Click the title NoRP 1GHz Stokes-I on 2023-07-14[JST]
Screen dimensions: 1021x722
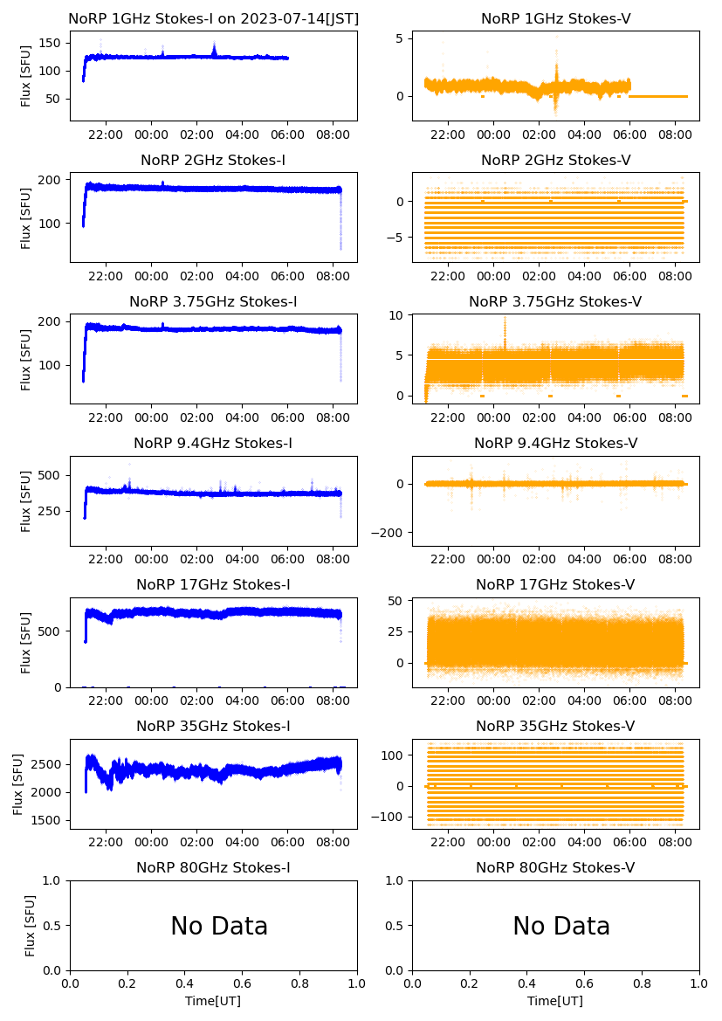213,18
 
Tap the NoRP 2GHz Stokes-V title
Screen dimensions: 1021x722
555,160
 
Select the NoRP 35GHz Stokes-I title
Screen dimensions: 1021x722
213,726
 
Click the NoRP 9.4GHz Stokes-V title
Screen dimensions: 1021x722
555,443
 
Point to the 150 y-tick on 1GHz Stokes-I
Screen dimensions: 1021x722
51,44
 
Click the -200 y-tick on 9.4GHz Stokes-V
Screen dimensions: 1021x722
391,533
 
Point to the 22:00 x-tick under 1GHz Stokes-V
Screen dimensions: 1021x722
448,135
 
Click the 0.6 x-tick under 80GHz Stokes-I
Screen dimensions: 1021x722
242,983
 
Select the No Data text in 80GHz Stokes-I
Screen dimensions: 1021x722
219,926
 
